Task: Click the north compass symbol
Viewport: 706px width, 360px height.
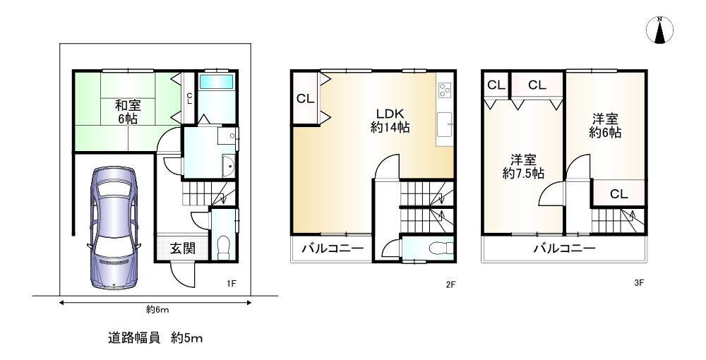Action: point(659,30)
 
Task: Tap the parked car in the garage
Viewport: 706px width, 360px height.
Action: point(114,228)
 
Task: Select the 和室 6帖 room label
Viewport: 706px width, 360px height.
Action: point(128,112)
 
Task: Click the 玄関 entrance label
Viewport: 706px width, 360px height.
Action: point(182,248)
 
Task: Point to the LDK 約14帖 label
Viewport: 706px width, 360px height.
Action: point(390,121)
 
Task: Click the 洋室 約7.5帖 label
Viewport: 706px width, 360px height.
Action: point(523,167)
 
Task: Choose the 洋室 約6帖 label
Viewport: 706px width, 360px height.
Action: point(605,126)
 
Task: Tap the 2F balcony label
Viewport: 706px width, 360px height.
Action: point(333,248)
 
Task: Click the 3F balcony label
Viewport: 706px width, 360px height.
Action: point(565,248)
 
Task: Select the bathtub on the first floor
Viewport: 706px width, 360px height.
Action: point(216,81)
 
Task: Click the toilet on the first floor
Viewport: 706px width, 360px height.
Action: point(223,248)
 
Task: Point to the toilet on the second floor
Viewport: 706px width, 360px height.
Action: point(441,248)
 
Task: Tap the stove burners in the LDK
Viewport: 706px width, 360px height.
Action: point(445,90)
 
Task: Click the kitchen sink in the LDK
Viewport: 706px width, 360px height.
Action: point(445,125)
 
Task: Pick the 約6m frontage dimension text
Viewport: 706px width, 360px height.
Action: point(157,310)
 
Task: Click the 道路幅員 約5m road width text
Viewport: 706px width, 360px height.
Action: point(155,338)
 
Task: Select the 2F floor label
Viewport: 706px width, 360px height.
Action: point(450,284)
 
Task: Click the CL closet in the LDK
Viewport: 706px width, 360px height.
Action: point(305,99)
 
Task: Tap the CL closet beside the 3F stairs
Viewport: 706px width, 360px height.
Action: point(618,193)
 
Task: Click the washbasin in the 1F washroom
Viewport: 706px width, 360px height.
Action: point(228,167)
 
